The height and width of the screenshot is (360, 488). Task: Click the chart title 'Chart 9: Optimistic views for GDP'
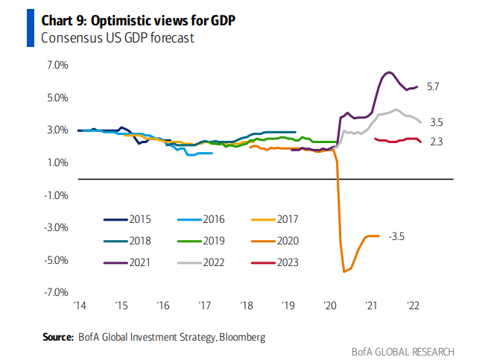coord(139,19)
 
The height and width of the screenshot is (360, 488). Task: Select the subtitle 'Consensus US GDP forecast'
coord(118,37)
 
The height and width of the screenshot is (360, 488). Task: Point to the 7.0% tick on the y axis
coord(57,66)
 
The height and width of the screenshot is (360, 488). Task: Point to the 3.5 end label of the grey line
coord(437,122)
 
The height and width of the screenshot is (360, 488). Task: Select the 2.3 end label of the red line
coord(437,142)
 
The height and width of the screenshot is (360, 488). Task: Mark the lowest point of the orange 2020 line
coord(344,272)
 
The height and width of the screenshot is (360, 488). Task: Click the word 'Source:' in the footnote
coord(58,338)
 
